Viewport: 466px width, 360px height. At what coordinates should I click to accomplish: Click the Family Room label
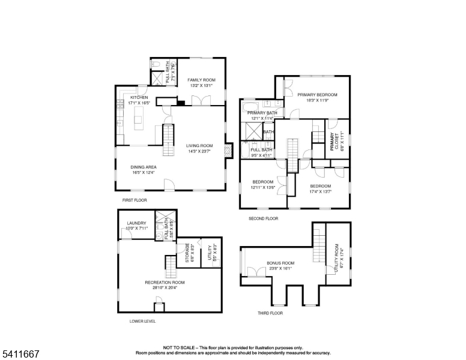pos(201,80)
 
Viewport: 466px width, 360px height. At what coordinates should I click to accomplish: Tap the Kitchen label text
pos(139,97)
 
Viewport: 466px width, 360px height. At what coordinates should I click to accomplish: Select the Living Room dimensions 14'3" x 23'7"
pos(199,151)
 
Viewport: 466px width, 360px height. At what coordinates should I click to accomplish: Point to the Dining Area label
pos(144,167)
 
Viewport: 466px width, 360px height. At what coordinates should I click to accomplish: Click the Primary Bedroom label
pos(317,95)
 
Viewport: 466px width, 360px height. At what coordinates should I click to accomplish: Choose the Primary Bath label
pos(262,113)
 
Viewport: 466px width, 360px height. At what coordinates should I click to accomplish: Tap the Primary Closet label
pos(331,140)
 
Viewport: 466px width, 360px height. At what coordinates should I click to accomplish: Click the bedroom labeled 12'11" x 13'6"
pos(263,182)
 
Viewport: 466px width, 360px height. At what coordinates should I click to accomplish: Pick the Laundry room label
pos(136,223)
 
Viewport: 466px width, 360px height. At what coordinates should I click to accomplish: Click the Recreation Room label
pos(165,282)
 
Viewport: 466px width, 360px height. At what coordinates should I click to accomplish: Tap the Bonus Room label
pos(280,263)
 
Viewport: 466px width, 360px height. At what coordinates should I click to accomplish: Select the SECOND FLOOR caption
pos(264,218)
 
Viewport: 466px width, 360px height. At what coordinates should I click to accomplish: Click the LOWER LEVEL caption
pos(142,321)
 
